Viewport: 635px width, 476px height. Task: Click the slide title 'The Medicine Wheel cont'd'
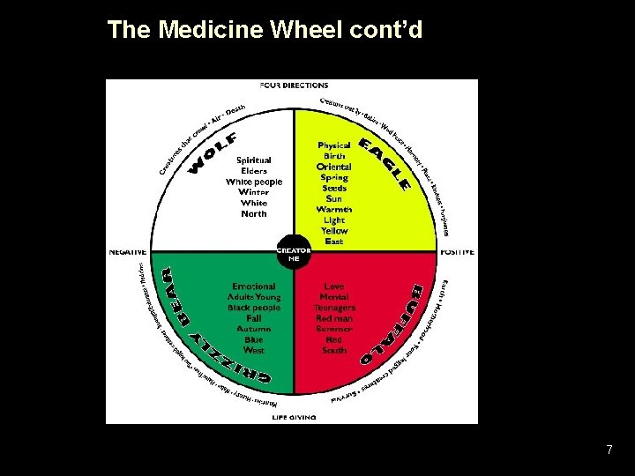[265, 30]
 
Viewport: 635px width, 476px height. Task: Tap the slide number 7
[609, 450]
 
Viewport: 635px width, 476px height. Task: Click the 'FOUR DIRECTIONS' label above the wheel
[294, 86]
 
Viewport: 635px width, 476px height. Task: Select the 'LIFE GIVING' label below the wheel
[294, 415]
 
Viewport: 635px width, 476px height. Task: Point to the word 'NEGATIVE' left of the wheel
[127, 251]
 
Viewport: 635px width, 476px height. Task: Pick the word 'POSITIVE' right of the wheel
[457, 251]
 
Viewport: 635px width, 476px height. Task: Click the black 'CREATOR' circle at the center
[294, 251]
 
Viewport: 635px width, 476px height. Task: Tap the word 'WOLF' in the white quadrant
[213, 152]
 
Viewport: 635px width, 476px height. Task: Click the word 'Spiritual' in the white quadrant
[254, 160]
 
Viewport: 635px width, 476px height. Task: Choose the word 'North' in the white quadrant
[254, 213]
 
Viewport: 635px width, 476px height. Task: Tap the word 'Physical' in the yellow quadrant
[334, 145]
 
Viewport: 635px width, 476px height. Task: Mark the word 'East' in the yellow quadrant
[334, 241]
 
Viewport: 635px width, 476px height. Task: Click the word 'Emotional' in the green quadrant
[254, 286]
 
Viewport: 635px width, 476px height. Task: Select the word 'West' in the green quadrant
[254, 350]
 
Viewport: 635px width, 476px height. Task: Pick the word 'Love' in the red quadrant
[334, 286]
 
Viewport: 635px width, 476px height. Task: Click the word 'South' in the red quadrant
[334, 350]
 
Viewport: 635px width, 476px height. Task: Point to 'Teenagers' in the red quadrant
[334, 308]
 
